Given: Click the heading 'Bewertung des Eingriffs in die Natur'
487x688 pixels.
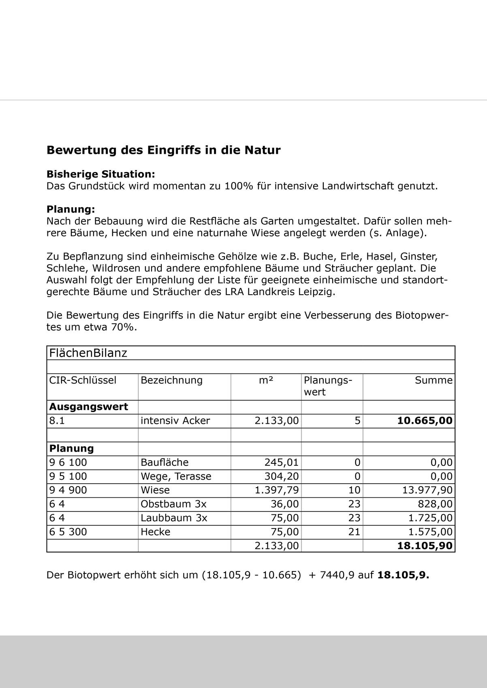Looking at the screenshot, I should (163, 150).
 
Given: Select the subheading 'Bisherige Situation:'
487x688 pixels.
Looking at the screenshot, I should (100, 174).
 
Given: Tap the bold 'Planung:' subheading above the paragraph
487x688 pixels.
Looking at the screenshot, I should (70, 209).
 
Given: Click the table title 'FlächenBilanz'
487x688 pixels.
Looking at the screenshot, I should (88, 353).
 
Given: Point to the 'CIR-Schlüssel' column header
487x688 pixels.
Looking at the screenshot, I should (83, 380).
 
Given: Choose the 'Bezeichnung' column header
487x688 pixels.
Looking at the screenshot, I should (171, 380).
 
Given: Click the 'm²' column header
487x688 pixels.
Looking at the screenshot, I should (266, 380).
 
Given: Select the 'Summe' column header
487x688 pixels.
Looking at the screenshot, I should (433, 380).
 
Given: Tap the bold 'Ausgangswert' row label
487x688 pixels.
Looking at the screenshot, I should (88, 407).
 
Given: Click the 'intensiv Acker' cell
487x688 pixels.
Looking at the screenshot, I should (175, 420).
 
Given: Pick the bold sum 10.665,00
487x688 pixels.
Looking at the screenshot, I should (424, 420).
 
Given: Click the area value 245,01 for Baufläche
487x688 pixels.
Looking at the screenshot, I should (281, 462).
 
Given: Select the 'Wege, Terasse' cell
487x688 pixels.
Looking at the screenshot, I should (176, 476).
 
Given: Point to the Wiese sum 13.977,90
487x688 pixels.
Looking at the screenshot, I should (427, 490).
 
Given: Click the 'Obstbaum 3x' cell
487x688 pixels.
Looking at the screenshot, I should (173, 504).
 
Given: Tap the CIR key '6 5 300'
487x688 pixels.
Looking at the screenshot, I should (68, 532).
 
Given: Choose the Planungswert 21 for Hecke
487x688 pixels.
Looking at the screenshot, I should (354, 532).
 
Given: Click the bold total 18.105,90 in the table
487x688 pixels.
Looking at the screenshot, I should (424, 546).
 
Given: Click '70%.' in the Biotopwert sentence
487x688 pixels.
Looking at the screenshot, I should (124, 327).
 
